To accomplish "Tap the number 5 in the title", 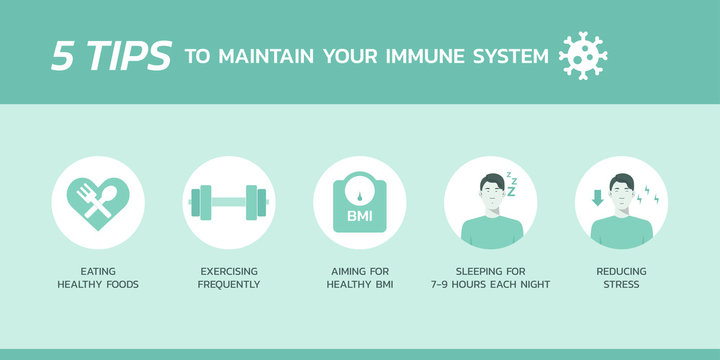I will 63,56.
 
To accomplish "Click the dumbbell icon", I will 229,202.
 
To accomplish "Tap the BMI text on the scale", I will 359,216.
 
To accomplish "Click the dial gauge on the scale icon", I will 359,190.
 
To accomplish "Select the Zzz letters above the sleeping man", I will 510,185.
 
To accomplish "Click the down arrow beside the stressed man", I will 597,198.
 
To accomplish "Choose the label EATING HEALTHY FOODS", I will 98,277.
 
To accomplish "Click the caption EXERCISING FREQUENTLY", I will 229,277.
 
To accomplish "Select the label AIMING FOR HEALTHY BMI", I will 359,277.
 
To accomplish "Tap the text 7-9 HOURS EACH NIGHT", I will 490,285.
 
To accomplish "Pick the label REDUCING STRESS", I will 621,277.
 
